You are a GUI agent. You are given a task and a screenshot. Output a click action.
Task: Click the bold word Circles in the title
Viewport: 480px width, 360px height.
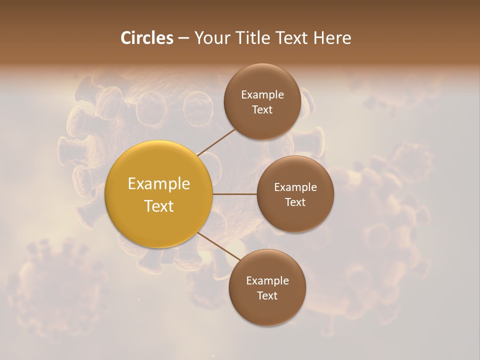(x=146, y=38)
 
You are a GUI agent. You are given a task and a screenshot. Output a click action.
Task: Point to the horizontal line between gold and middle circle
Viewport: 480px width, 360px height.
(x=234, y=194)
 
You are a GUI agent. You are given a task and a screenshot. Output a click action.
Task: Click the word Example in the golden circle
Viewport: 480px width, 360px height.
(x=159, y=184)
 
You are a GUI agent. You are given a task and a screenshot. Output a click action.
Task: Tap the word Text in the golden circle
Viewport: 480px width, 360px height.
(x=159, y=206)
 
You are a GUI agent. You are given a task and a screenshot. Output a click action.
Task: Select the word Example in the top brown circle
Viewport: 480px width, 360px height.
(x=262, y=95)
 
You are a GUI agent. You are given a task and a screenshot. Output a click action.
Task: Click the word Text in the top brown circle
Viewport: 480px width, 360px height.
(x=262, y=109)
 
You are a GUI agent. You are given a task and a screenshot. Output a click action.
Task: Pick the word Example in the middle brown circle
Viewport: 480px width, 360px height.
(x=295, y=187)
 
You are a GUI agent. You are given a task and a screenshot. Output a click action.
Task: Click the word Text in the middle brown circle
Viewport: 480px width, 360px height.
(x=295, y=202)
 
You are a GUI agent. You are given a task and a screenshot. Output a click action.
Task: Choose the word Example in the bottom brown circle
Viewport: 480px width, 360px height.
(x=267, y=281)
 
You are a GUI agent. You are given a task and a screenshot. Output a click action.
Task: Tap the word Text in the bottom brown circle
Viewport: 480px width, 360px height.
(x=267, y=295)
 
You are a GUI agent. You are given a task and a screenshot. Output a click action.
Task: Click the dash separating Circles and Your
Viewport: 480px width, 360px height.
(x=183, y=38)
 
